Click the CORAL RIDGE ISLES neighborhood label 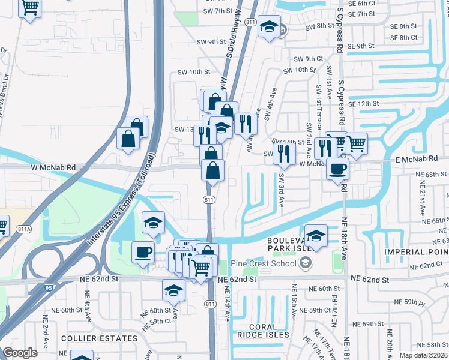263,334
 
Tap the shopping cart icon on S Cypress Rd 356,144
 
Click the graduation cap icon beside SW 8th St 269,27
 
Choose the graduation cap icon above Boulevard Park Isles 316,236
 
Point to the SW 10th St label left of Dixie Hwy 194,71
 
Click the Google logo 20,353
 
